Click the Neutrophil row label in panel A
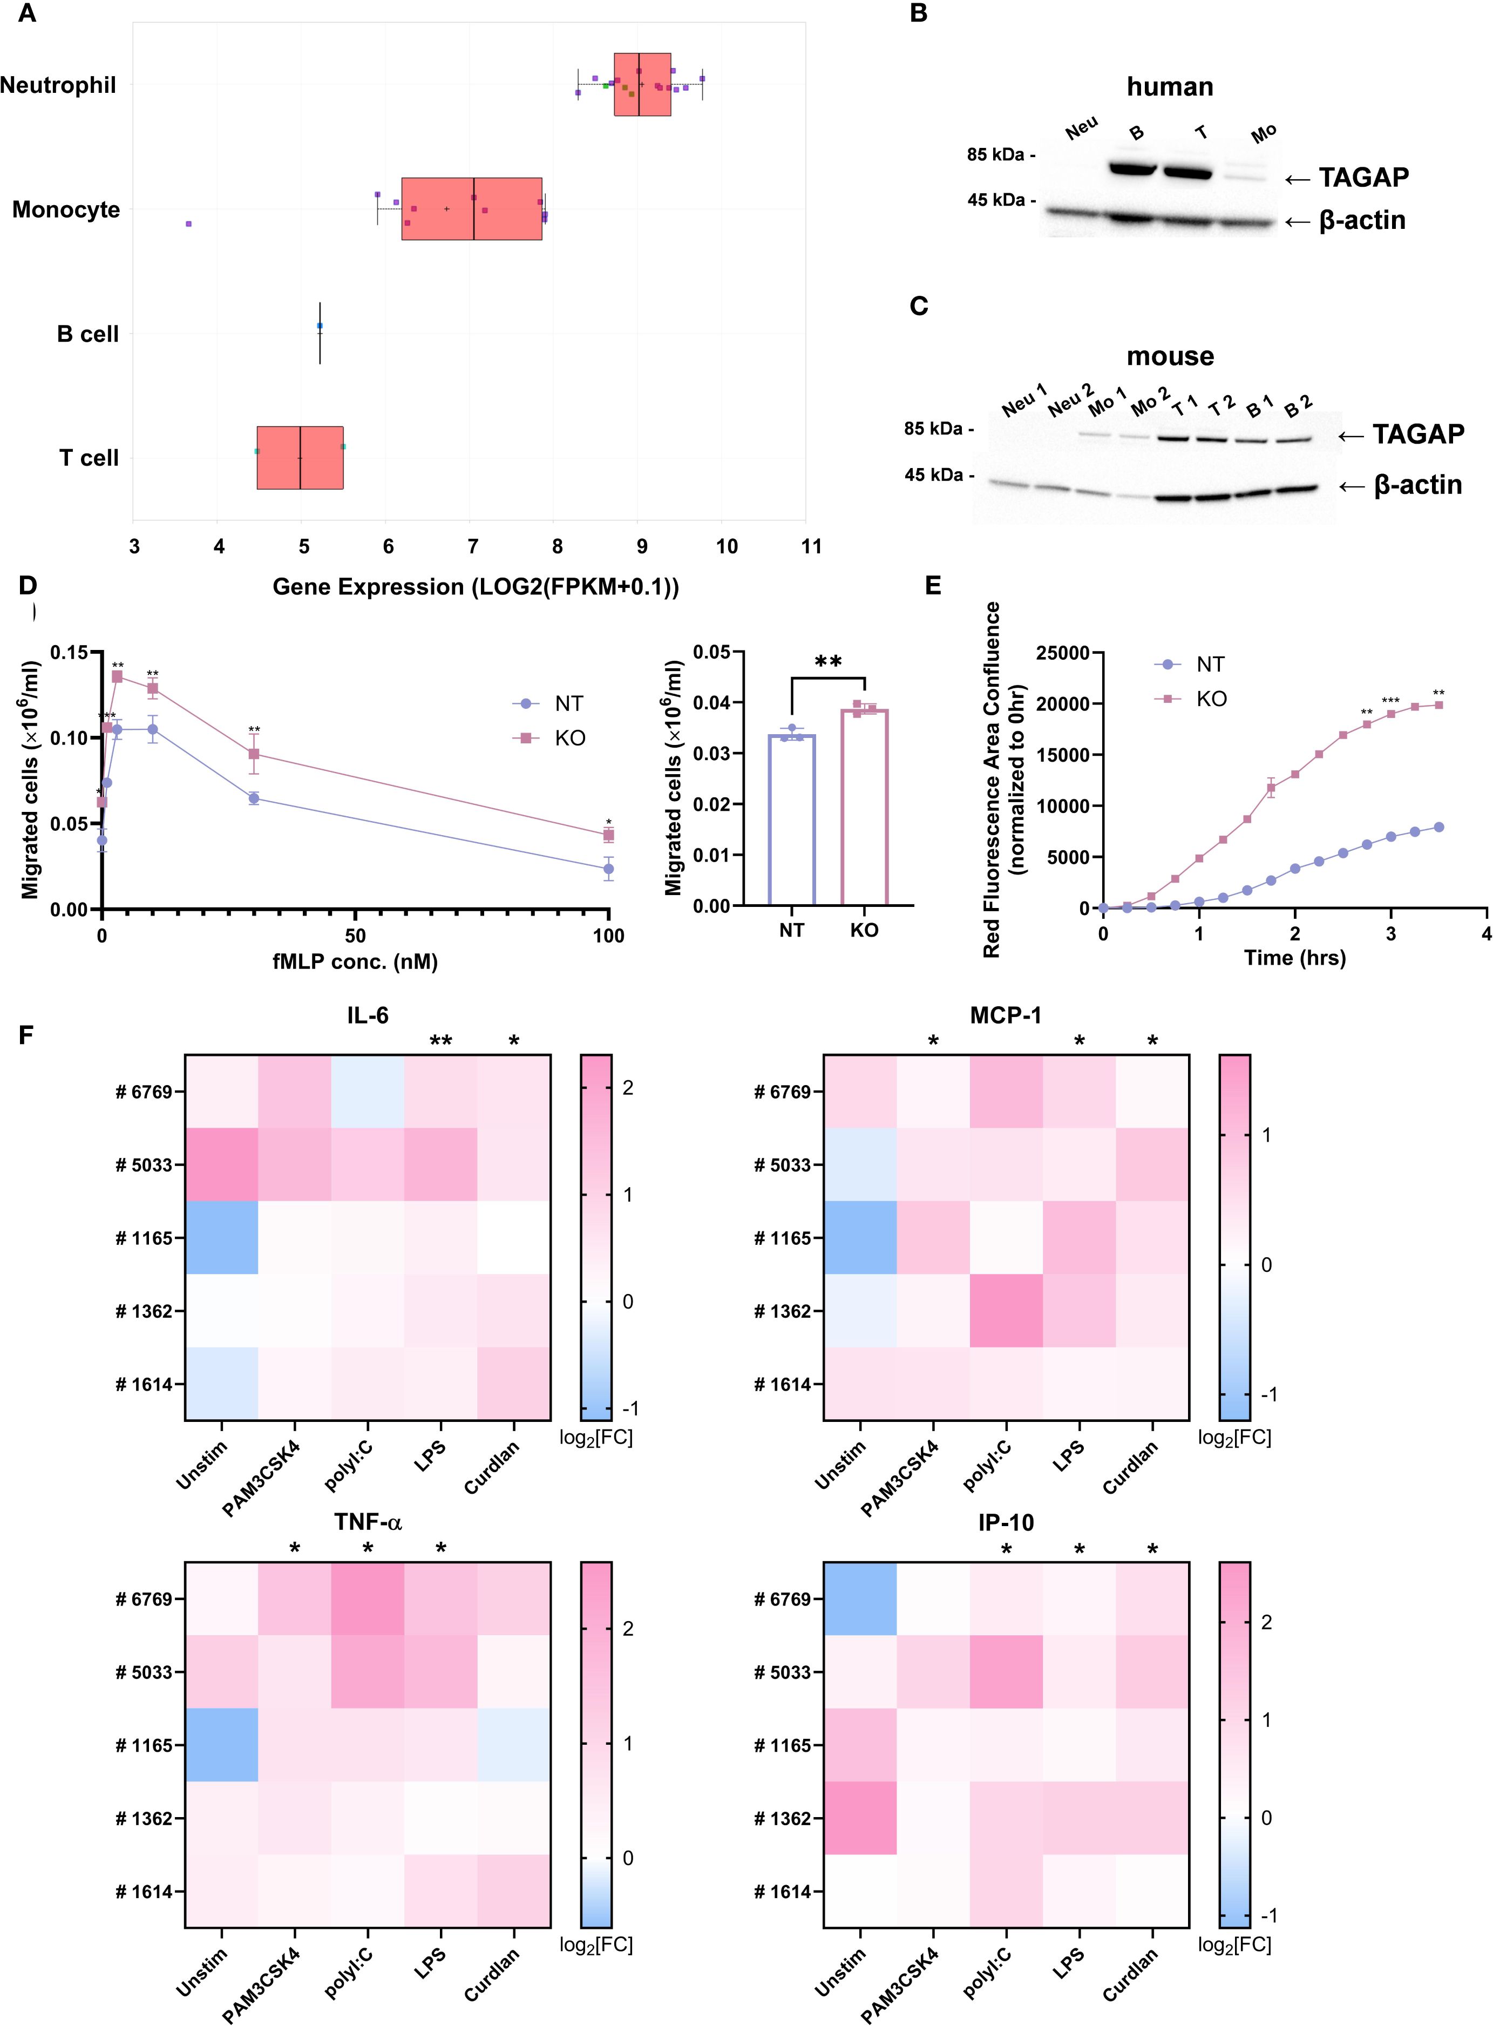(59, 86)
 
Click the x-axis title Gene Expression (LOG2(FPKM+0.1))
(476, 587)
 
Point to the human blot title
(1170, 87)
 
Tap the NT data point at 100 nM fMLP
(609, 869)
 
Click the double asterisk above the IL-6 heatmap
(441, 1041)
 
